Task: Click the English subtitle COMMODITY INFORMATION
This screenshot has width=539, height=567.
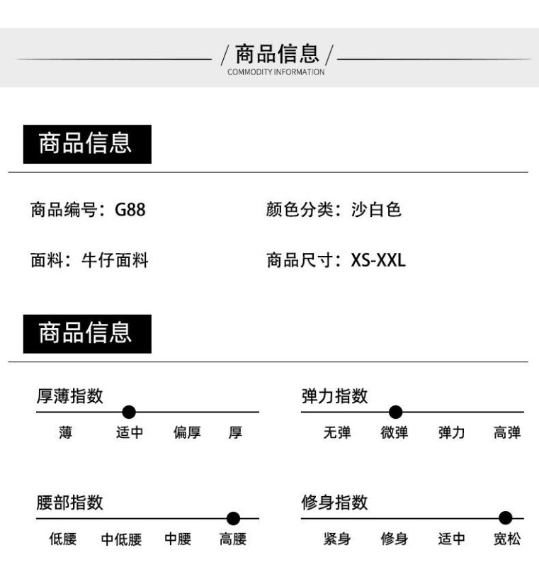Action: click(276, 72)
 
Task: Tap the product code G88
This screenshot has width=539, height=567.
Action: click(130, 210)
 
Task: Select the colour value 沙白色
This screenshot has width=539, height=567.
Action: click(376, 210)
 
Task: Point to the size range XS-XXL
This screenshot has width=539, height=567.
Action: click(378, 260)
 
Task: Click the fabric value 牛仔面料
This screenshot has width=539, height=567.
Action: click(115, 260)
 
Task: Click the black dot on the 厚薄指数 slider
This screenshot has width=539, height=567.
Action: click(129, 412)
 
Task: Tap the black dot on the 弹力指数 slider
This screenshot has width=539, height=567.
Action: click(396, 412)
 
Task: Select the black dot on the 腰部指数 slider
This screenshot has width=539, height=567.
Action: click(233, 519)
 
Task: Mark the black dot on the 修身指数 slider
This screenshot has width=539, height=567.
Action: click(506, 518)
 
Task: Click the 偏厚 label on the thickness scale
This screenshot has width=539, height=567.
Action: click(187, 432)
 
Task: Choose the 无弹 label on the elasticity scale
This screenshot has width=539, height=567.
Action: click(337, 432)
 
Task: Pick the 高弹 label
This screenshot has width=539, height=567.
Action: click(507, 432)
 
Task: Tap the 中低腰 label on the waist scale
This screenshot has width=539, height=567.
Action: click(121, 539)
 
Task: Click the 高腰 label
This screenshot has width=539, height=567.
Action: click(233, 539)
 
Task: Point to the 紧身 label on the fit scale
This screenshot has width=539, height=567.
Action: click(337, 539)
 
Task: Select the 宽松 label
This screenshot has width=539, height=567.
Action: click(507, 539)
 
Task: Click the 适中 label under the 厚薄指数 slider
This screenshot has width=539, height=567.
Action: click(130, 432)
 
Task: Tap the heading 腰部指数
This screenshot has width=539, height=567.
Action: click(69, 503)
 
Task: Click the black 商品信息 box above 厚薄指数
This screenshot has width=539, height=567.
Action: click(87, 334)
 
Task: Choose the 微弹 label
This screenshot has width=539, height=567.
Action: click(394, 432)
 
